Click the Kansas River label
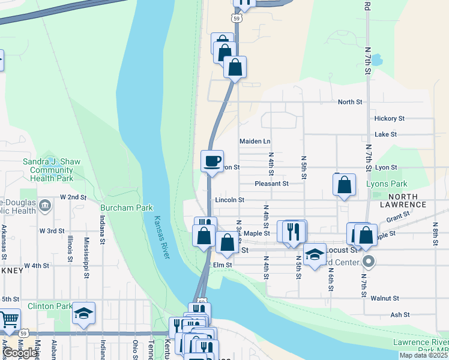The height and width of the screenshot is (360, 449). coord(161,238)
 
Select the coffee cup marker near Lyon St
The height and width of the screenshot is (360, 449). coord(212,161)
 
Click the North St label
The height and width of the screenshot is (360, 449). coord(350,102)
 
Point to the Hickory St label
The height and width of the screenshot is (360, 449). coord(390,119)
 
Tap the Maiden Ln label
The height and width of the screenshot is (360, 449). coord(255,142)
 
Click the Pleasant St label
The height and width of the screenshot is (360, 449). coord(271,184)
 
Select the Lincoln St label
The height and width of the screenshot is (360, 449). coord(229,200)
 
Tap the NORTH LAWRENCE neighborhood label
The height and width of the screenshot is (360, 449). coord(415,200)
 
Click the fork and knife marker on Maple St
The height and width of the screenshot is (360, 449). coord(294,231)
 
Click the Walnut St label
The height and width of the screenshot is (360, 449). coord(385,298)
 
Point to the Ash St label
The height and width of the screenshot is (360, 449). coord(400,314)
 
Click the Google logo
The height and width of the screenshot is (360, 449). coord(20,353)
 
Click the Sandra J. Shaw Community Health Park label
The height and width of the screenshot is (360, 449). coord(48,170)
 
